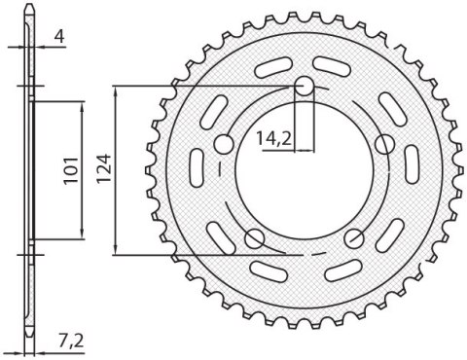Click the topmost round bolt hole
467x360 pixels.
point(305,88)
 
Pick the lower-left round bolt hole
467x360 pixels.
point(256,238)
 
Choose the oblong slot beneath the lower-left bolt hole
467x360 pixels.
point(268,268)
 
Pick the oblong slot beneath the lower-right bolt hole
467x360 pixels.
point(341,268)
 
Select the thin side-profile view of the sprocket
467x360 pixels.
point(30,175)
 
